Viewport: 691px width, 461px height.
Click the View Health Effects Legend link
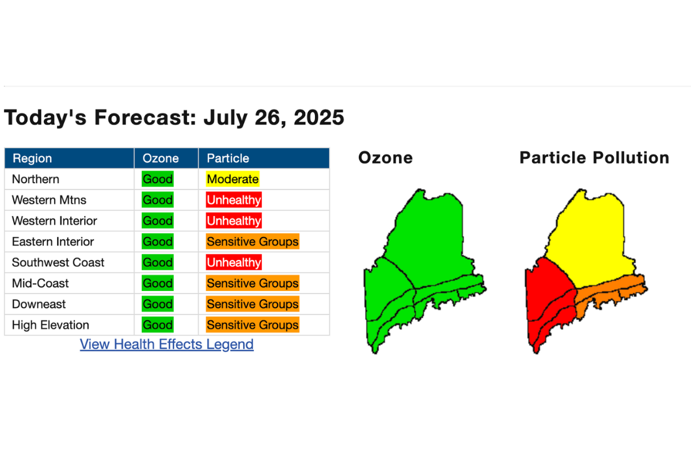click(166, 344)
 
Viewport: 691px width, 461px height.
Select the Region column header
click(32, 158)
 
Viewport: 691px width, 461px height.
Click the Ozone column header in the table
click(161, 158)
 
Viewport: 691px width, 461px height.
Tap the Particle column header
click(227, 158)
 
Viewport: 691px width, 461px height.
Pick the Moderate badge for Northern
click(233, 179)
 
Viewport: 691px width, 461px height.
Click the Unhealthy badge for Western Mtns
click(234, 200)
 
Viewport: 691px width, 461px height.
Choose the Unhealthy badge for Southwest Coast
click(234, 262)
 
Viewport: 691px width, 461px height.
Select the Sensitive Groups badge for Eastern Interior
click(253, 241)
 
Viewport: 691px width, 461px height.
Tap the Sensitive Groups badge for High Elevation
click(253, 325)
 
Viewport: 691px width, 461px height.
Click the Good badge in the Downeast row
click(158, 304)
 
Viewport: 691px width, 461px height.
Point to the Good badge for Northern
click(158, 179)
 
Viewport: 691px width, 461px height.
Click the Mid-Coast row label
click(40, 283)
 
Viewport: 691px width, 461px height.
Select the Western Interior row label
click(54, 221)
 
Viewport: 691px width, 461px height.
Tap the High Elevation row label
click(50, 325)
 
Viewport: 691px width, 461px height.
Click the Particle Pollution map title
click(594, 157)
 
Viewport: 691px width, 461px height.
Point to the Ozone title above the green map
click(385, 157)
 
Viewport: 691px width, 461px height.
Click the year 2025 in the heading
click(318, 118)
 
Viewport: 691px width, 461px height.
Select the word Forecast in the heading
click(145, 118)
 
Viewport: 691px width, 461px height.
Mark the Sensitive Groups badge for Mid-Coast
click(253, 283)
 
